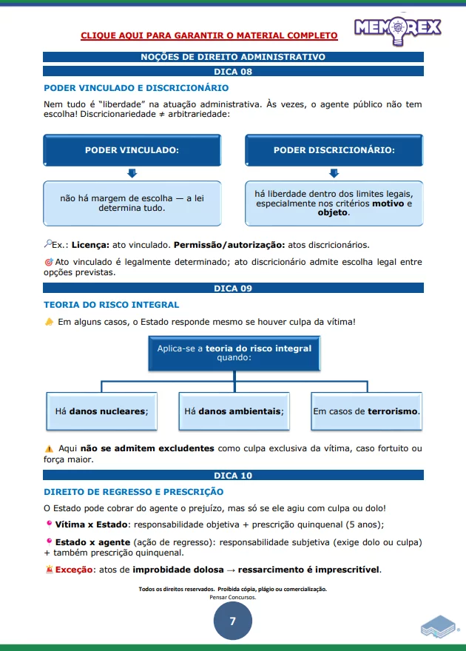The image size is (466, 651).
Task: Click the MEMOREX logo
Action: click(x=397, y=27)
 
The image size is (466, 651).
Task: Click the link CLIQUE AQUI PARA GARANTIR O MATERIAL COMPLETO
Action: click(x=209, y=36)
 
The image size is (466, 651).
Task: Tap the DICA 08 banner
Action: click(x=233, y=72)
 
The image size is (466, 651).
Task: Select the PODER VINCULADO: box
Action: click(x=132, y=150)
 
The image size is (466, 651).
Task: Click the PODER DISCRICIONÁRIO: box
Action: click(x=334, y=150)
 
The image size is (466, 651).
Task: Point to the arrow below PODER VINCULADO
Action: click(x=132, y=173)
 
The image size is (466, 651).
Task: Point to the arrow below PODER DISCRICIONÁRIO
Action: click(x=334, y=173)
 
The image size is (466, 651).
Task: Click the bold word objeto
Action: click(x=332, y=212)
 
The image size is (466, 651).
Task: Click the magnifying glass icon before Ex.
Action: click(x=48, y=243)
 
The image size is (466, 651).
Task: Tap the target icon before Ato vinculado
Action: click(x=48, y=262)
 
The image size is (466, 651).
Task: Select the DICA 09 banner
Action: click(x=233, y=289)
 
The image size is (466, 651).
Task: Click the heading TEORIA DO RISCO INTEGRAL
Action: click(x=111, y=304)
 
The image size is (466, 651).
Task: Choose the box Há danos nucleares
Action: click(x=101, y=411)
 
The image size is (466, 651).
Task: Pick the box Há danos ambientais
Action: click(x=234, y=411)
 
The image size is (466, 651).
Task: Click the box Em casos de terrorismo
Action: click(x=366, y=411)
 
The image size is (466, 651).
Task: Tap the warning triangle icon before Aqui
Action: click(x=49, y=448)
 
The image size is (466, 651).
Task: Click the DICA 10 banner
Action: click(x=233, y=476)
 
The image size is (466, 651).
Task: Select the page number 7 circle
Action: click(x=233, y=621)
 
